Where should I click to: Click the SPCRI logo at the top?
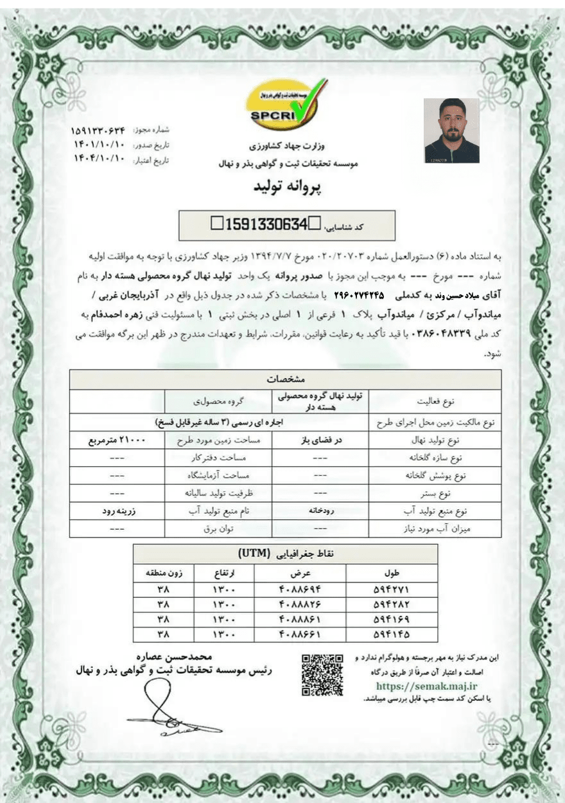click(x=286, y=104)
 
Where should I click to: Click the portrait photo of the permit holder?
click(x=451, y=131)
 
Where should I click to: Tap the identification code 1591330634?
click(x=264, y=224)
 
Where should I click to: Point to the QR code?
click(x=322, y=674)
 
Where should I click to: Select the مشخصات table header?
click(x=285, y=379)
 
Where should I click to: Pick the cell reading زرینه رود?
click(x=117, y=512)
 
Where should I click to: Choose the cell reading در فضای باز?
click(x=320, y=441)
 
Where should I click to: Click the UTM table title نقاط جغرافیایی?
click(x=285, y=553)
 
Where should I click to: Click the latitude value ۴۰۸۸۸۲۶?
click(x=300, y=604)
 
